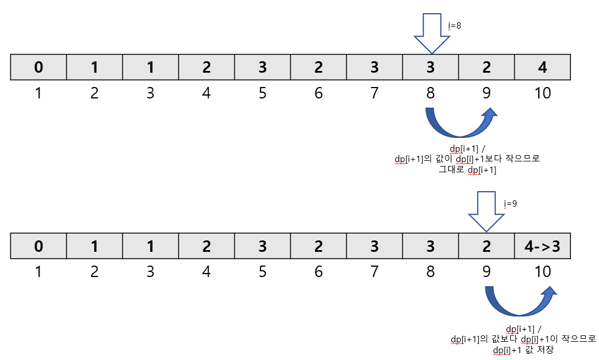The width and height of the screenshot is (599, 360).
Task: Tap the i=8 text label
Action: point(454,26)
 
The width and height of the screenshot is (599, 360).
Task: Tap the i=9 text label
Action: point(510,203)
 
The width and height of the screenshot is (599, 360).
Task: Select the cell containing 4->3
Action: point(542,246)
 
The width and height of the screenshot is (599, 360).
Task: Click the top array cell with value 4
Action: point(542,67)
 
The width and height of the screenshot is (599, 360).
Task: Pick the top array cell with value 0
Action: point(38,67)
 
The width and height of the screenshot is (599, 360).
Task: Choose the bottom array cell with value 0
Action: point(38,246)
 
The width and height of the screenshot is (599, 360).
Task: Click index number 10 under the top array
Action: point(542,93)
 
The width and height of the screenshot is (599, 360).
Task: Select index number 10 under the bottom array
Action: point(542,271)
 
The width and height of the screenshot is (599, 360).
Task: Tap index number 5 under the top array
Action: point(262,93)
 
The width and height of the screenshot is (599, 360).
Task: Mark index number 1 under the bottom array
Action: point(38,271)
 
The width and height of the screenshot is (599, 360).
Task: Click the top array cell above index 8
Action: point(430,67)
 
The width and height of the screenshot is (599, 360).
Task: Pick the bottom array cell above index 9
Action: point(486,246)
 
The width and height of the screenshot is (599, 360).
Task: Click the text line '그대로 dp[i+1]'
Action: point(467,170)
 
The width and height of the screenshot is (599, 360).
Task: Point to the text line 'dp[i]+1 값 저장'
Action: point(523,349)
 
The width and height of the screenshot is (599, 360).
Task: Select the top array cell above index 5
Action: point(262,67)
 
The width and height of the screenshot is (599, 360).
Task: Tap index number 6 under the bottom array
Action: point(318,271)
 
